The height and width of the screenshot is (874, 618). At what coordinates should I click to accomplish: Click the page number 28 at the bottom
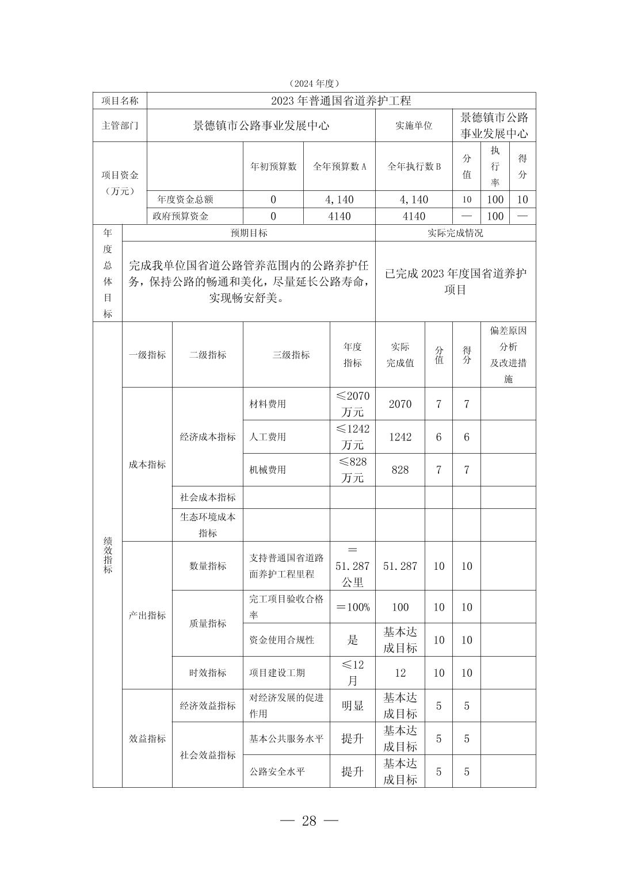309,821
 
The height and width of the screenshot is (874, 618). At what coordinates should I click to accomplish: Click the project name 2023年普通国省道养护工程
341,101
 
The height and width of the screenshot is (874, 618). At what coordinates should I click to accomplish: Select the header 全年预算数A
339,166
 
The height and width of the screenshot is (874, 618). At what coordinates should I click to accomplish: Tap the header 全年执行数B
414,166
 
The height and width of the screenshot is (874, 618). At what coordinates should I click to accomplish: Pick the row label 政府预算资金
181,216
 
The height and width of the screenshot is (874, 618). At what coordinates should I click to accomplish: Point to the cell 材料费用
268,404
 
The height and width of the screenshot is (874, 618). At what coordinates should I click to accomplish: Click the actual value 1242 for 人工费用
400,437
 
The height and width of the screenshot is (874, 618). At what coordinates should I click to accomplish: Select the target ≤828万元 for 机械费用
352,470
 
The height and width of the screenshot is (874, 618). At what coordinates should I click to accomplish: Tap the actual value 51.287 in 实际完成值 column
400,566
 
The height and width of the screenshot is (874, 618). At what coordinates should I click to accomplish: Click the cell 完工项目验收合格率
286,607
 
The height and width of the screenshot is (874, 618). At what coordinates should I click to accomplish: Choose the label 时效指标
208,673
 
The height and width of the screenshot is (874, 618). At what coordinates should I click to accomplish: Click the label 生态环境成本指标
208,525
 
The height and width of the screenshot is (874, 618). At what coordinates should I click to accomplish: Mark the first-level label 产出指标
147,615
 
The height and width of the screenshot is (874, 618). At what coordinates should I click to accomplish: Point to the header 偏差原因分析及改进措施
508,355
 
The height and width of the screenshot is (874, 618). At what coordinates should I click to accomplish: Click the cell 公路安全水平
277,772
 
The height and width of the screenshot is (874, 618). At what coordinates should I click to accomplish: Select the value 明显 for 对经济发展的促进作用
352,706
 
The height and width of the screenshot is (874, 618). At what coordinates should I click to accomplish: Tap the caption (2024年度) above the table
314,84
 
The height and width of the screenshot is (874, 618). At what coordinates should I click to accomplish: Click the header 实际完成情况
455,233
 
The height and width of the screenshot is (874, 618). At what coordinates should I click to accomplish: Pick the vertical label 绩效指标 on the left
108,555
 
